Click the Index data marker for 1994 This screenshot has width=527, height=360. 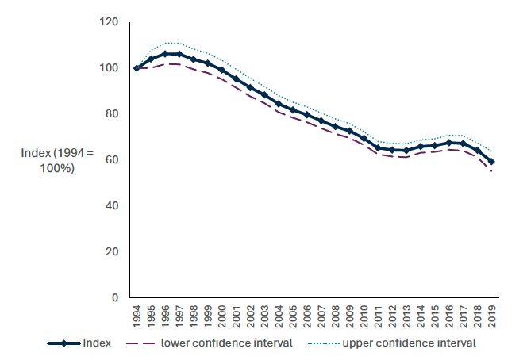[137, 68]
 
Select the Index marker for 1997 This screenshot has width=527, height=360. [179, 54]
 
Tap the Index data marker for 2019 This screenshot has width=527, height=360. [492, 162]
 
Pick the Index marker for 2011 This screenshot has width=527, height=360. [379, 148]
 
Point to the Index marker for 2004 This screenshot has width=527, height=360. [279, 104]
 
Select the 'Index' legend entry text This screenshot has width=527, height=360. [97, 343]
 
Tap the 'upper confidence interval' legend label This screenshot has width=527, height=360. [409, 343]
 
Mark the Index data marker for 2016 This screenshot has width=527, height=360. [450, 144]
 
